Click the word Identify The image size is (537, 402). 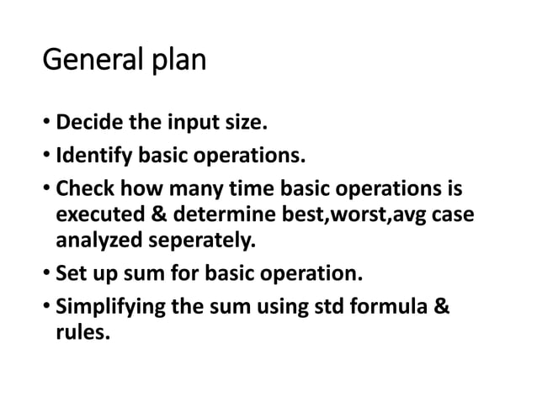pos(95,156)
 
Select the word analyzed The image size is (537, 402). pos(97,244)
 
